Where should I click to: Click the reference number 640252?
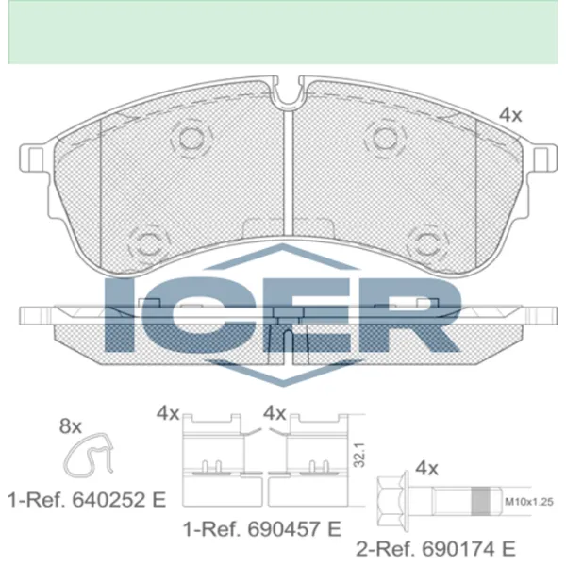click(x=108, y=500)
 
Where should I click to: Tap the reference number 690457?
click(x=283, y=529)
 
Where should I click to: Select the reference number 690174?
click(x=458, y=549)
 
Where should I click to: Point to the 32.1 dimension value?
click(x=359, y=455)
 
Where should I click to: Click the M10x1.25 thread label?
click(x=529, y=502)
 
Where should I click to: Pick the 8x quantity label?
click(x=71, y=426)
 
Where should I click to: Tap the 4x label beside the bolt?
click(x=426, y=469)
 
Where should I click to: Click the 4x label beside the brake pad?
click(x=510, y=115)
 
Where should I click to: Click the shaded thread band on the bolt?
click(x=481, y=501)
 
